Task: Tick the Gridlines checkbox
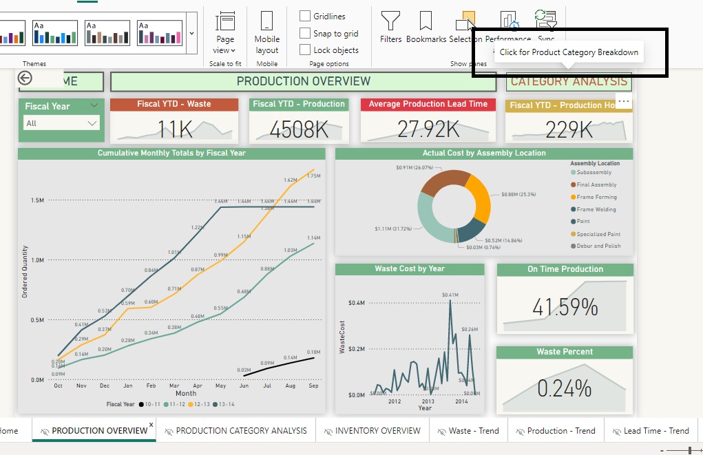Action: coord(305,16)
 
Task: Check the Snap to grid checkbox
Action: coord(305,33)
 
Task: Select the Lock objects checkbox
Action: coord(305,50)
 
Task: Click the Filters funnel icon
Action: coord(390,20)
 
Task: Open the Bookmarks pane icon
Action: coord(426,20)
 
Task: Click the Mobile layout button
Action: coord(267,32)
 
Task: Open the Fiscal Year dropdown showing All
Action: coord(61,123)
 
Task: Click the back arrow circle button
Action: coord(25,78)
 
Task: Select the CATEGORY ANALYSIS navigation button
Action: coord(569,81)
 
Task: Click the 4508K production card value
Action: coord(299,129)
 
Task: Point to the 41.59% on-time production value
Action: coord(565,307)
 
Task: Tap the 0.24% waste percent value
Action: coord(565,388)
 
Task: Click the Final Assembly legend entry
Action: coord(596,184)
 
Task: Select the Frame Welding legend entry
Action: coord(596,209)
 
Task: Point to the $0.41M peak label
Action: coord(450,295)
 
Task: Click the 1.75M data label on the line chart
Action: coord(313,176)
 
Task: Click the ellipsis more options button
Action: coord(624,101)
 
